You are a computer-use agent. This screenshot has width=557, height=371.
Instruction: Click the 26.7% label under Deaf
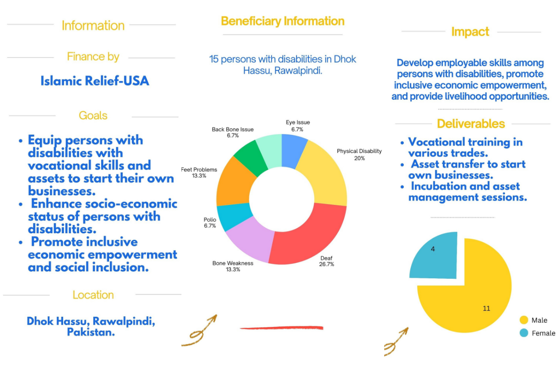pos(327,264)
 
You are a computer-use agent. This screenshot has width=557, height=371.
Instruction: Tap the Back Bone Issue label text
pos(233,129)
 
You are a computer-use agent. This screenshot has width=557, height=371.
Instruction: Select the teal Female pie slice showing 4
pos(434,257)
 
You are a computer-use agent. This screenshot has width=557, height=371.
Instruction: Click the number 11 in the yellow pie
pos(486,308)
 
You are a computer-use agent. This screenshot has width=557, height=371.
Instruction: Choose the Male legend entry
pos(534,320)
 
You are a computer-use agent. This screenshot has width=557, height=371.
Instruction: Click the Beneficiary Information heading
pos(283,21)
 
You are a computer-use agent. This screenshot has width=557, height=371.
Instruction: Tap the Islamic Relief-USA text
pos(95,81)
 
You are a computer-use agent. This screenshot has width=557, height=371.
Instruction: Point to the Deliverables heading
pos(471,124)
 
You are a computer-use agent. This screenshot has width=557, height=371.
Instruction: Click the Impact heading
pos(470,32)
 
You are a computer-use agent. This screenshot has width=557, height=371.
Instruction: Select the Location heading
pos(93,295)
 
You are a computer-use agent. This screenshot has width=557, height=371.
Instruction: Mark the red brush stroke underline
pos(281,328)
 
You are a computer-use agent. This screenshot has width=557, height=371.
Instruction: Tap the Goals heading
pos(93,115)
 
